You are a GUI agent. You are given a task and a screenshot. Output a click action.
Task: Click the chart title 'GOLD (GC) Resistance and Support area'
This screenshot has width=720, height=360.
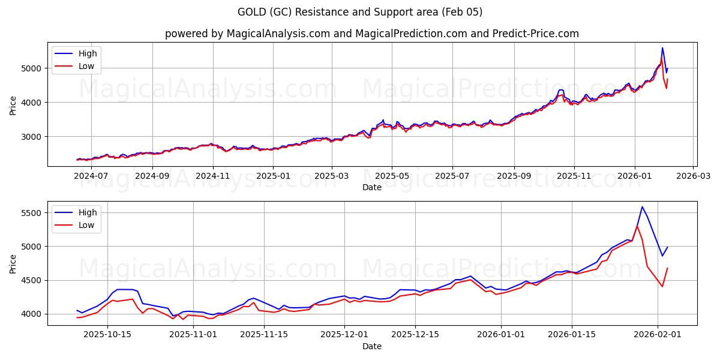360,12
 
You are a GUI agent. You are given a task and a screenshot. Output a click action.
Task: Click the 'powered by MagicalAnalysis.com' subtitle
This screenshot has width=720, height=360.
372,34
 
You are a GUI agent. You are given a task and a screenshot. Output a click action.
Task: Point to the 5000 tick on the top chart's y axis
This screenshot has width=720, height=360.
33,68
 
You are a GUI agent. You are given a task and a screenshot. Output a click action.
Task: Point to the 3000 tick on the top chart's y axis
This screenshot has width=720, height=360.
33,137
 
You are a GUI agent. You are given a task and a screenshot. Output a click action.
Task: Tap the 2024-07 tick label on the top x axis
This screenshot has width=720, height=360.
91,176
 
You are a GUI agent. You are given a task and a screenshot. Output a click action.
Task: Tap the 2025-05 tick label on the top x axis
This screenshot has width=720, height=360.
392,176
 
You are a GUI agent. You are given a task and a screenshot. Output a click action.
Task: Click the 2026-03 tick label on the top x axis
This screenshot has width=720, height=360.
693,176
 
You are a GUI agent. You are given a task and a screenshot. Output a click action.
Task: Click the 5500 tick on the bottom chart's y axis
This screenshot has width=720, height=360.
33,213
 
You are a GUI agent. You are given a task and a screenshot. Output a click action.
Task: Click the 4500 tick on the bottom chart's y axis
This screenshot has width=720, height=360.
33,280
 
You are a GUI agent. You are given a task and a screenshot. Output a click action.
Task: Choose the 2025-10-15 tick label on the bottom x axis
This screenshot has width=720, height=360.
107,335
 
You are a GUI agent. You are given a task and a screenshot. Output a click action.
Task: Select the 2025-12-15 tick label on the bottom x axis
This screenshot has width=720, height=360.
415,335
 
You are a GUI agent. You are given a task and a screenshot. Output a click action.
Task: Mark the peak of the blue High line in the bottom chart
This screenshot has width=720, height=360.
642,207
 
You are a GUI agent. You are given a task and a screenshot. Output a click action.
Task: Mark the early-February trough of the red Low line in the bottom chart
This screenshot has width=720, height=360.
662,286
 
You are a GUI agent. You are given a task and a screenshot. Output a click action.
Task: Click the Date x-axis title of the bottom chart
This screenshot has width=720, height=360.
372,346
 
